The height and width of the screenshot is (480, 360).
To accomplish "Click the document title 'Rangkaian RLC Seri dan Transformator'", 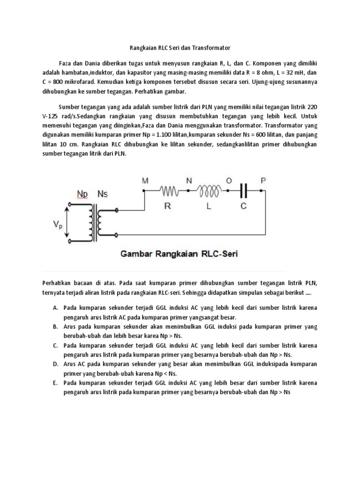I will [180, 48].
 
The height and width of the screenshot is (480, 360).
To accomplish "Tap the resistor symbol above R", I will [169, 191].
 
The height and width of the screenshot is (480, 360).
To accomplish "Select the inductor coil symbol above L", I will [210, 191].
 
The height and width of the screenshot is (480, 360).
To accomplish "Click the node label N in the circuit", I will [189, 180].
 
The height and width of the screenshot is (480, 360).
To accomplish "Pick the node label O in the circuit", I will [229, 180].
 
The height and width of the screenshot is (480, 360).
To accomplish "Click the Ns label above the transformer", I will [102, 194].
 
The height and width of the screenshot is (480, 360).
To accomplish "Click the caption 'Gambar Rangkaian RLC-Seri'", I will [180, 255].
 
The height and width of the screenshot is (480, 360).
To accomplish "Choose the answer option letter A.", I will [55, 308].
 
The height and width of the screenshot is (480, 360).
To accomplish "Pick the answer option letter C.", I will [55, 345].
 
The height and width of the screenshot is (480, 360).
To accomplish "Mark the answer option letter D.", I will [55, 364].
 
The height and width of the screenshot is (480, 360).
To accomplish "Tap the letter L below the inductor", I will [210, 205].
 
